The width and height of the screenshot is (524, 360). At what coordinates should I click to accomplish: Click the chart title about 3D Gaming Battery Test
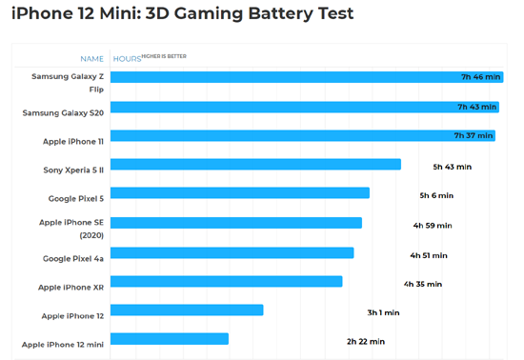(182, 13)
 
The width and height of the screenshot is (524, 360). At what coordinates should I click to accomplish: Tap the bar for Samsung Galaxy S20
(306, 107)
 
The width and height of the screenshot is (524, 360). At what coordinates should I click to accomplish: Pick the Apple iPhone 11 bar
(303, 135)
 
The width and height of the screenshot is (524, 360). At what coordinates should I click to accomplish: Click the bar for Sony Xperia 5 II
(255, 165)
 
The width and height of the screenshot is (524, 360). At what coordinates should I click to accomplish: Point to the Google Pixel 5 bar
(240, 193)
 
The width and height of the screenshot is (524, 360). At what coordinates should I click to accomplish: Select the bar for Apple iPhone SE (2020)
(236, 223)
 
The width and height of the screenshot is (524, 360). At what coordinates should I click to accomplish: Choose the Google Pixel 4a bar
(232, 252)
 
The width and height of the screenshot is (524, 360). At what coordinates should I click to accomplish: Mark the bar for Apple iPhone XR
(227, 281)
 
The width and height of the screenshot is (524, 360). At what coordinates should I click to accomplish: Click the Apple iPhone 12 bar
(187, 310)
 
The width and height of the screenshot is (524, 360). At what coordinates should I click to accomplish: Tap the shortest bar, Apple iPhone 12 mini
(170, 339)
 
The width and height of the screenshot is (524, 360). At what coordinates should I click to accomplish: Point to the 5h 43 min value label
(453, 167)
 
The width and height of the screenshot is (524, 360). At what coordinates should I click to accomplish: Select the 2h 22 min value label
(366, 341)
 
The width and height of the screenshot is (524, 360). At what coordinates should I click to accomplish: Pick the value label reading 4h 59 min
(433, 226)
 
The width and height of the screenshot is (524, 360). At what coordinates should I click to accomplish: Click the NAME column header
(92, 59)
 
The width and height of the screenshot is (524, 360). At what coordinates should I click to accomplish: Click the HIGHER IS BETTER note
(164, 56)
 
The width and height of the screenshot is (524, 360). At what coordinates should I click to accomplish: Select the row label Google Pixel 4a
(73, 258)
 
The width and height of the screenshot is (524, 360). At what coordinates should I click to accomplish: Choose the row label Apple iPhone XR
(71, 287)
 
